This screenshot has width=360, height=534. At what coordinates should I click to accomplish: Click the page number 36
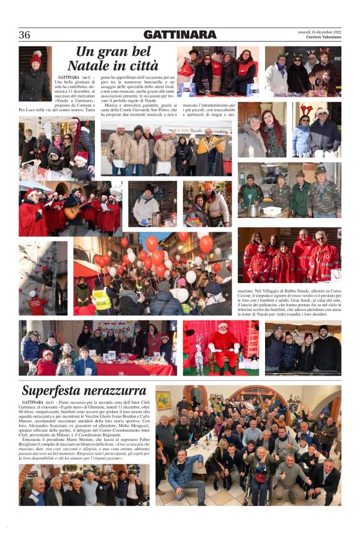coord(25,35)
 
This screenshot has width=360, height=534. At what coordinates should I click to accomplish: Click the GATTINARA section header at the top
coord(179,35)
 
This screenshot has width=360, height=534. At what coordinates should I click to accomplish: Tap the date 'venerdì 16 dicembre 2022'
coord(320,31)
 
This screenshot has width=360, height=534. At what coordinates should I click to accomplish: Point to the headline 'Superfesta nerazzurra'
coord(84,391)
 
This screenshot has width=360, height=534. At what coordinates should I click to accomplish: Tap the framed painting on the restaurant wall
coord(164,400)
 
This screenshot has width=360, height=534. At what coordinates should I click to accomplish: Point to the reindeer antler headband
coord(307,110)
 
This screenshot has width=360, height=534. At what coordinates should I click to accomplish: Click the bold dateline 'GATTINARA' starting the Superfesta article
coord(41,403)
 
